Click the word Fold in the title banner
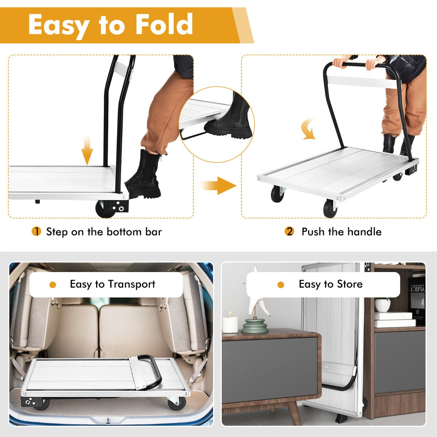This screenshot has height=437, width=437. click(x=164, y=24)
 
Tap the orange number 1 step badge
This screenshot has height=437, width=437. click(x=36, y=231)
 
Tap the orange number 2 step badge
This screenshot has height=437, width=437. click(x=290, y=231)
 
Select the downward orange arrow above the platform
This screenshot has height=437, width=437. click(x=87, y=149)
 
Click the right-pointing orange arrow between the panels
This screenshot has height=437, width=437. click(x=219, y=185)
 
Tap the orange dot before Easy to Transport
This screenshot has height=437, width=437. click(x=52, y=285)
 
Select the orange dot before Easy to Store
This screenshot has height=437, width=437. click(x=281, y=285)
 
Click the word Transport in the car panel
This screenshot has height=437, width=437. click(x=131, y=284)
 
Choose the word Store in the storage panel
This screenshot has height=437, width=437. click(x=350, y=284)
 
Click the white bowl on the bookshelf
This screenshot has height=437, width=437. click(x=382, y=305)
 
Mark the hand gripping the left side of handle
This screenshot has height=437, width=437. click(x=339, y=63)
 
